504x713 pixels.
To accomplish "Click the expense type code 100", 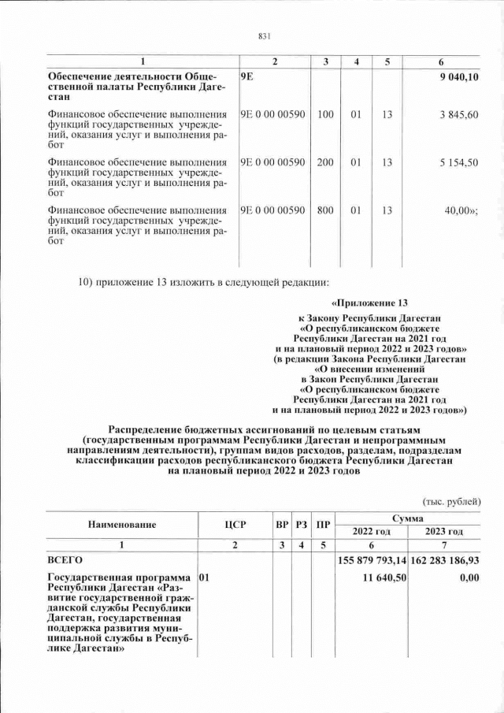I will pos(325,115).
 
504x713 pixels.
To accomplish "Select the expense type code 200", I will pos(325,162).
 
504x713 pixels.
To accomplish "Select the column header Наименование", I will pos(121,524).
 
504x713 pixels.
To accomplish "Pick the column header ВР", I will pos(282,524).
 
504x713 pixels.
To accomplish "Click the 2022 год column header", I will pos(371,531).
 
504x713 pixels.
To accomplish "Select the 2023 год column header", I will pos(443,531).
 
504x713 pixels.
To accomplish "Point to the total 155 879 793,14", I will pos(371,559).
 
